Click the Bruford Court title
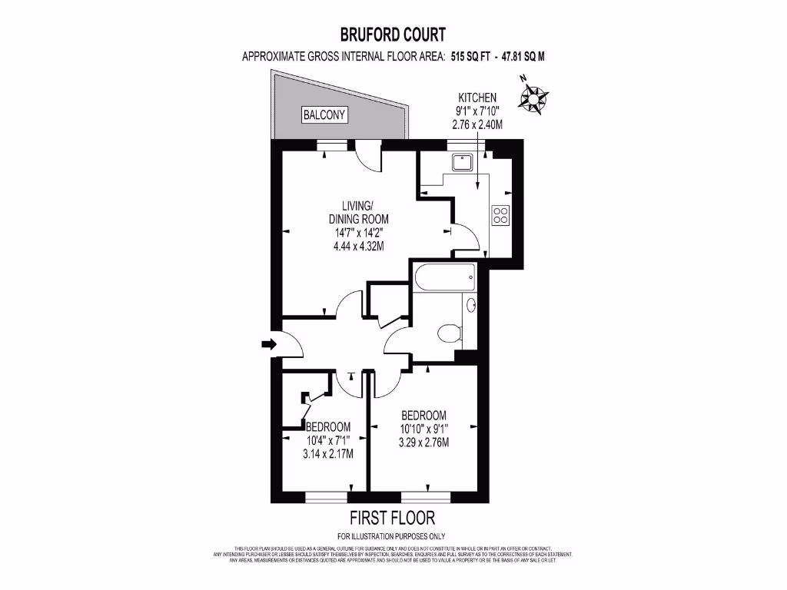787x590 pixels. coord(393,35)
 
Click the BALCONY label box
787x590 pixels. coord(325,116)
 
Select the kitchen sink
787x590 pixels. coord(463,162)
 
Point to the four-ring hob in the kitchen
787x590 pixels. coord(500,216)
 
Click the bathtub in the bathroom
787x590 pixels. coord(444,277)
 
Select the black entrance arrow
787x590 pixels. coord(268,344)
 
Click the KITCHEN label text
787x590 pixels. coord(477,98)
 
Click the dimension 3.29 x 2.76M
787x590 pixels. coord(423,442)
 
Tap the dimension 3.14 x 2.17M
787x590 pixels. coord(328,453)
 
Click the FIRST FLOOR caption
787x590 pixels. coord(392,518)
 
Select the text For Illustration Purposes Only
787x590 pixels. coord(391,536)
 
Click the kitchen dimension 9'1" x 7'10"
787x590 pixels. coord(477,111)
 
